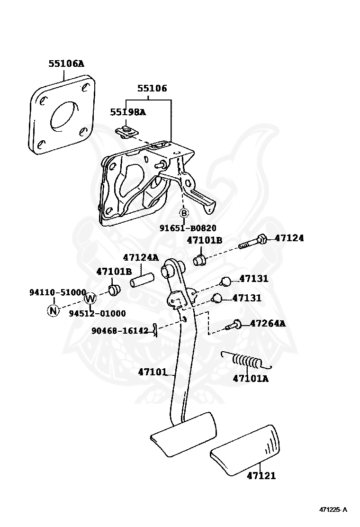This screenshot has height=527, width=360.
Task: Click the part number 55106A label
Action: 66,64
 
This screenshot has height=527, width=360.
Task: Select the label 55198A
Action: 128,112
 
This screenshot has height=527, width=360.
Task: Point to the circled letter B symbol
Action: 184,213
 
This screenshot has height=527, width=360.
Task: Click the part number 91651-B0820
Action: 188,228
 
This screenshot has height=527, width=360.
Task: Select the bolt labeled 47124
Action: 253,242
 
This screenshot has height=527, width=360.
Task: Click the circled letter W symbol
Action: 90,298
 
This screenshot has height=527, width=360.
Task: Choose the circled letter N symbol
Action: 53,310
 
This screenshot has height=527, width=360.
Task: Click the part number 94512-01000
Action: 98,314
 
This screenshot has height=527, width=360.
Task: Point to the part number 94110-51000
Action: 58,292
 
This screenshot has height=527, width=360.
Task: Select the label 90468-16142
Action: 120,331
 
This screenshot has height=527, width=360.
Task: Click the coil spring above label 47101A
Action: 245,360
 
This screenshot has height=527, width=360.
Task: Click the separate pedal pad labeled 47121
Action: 245,450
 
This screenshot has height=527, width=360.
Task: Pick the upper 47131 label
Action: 254,279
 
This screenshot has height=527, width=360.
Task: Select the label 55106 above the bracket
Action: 152,89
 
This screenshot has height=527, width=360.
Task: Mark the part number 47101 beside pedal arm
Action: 153,372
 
